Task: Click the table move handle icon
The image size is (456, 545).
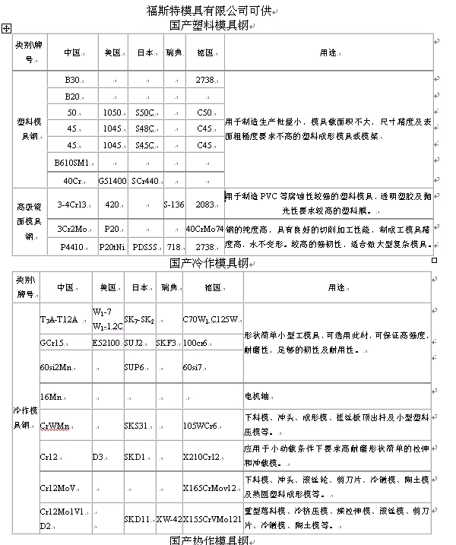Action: click(x=6, y=27)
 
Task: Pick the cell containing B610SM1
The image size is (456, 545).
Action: click(x=71, y=162)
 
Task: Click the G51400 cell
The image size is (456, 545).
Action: click(x=112, y=181)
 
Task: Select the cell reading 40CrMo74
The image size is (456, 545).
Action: click(x=204, y=229)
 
